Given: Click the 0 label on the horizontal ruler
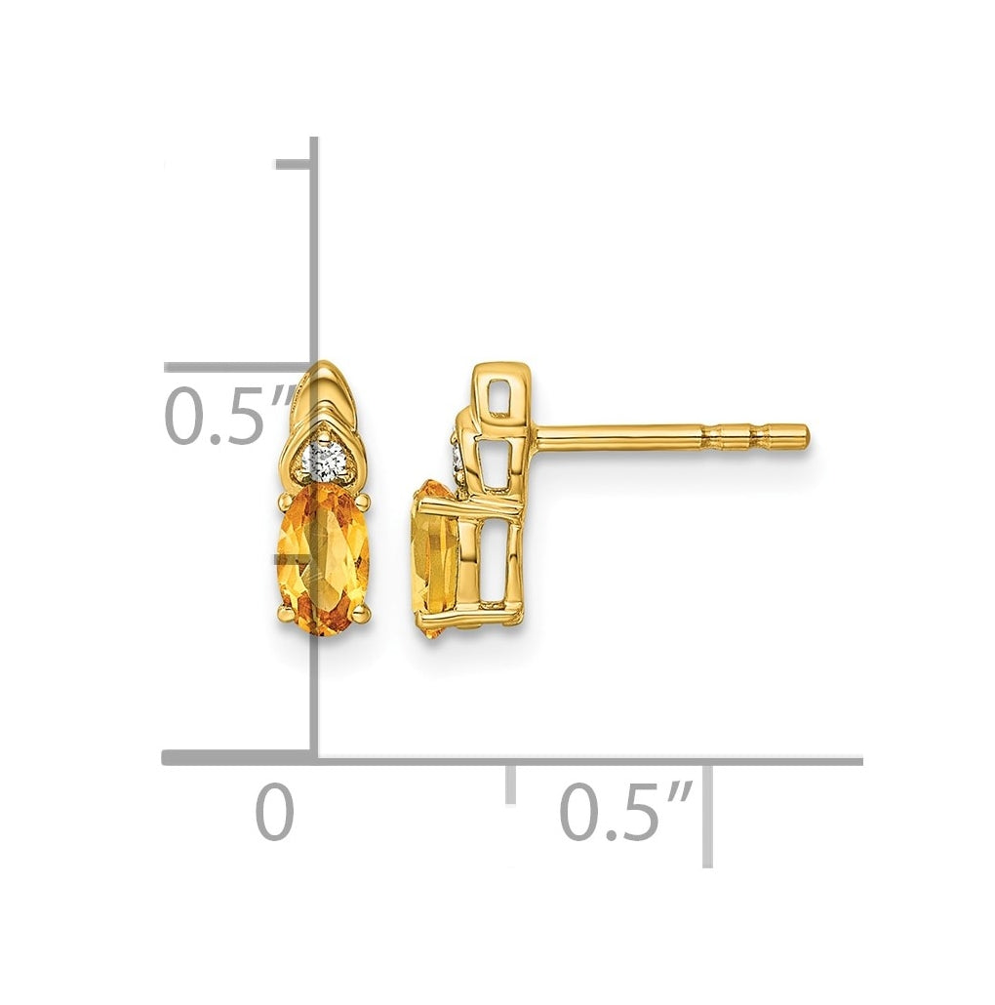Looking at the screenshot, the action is (x=275, y=814).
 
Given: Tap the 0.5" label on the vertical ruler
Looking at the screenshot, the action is (x=231, y=415).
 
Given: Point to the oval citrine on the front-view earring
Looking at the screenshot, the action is (x=323, y=558).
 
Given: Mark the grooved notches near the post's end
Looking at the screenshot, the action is (x=736, y=436).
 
